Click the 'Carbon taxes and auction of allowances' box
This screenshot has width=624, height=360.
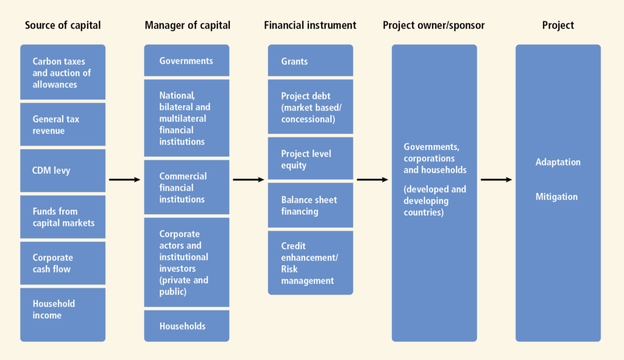[63, 72]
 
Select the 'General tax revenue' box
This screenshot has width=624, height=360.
[63, 124]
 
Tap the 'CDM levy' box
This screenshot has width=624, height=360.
[63, 171]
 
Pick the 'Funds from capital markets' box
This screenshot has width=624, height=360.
[63, 217]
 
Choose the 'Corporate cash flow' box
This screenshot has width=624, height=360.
[63, 263]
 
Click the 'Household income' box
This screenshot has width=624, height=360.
[63, 315]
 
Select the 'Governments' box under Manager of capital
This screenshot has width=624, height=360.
[186, 60]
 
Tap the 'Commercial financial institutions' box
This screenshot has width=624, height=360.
[186, 188]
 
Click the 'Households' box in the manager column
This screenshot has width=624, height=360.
[186, 326]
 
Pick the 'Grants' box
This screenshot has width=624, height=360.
[310, 60]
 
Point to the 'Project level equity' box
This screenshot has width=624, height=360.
[310, 159]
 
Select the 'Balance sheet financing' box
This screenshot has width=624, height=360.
[310, 205]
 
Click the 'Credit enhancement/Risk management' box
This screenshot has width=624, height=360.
[310, 263]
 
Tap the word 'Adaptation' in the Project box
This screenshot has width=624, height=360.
[558, 162]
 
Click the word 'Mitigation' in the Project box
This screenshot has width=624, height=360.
[556, 197]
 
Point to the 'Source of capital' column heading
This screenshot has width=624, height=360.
[63, 25]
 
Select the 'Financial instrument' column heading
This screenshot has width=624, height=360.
[310, 25]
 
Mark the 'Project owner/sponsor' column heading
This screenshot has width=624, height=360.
[434, 25]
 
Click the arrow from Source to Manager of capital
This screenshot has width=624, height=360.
[124, 180]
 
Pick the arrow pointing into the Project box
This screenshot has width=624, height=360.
[496, 180]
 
